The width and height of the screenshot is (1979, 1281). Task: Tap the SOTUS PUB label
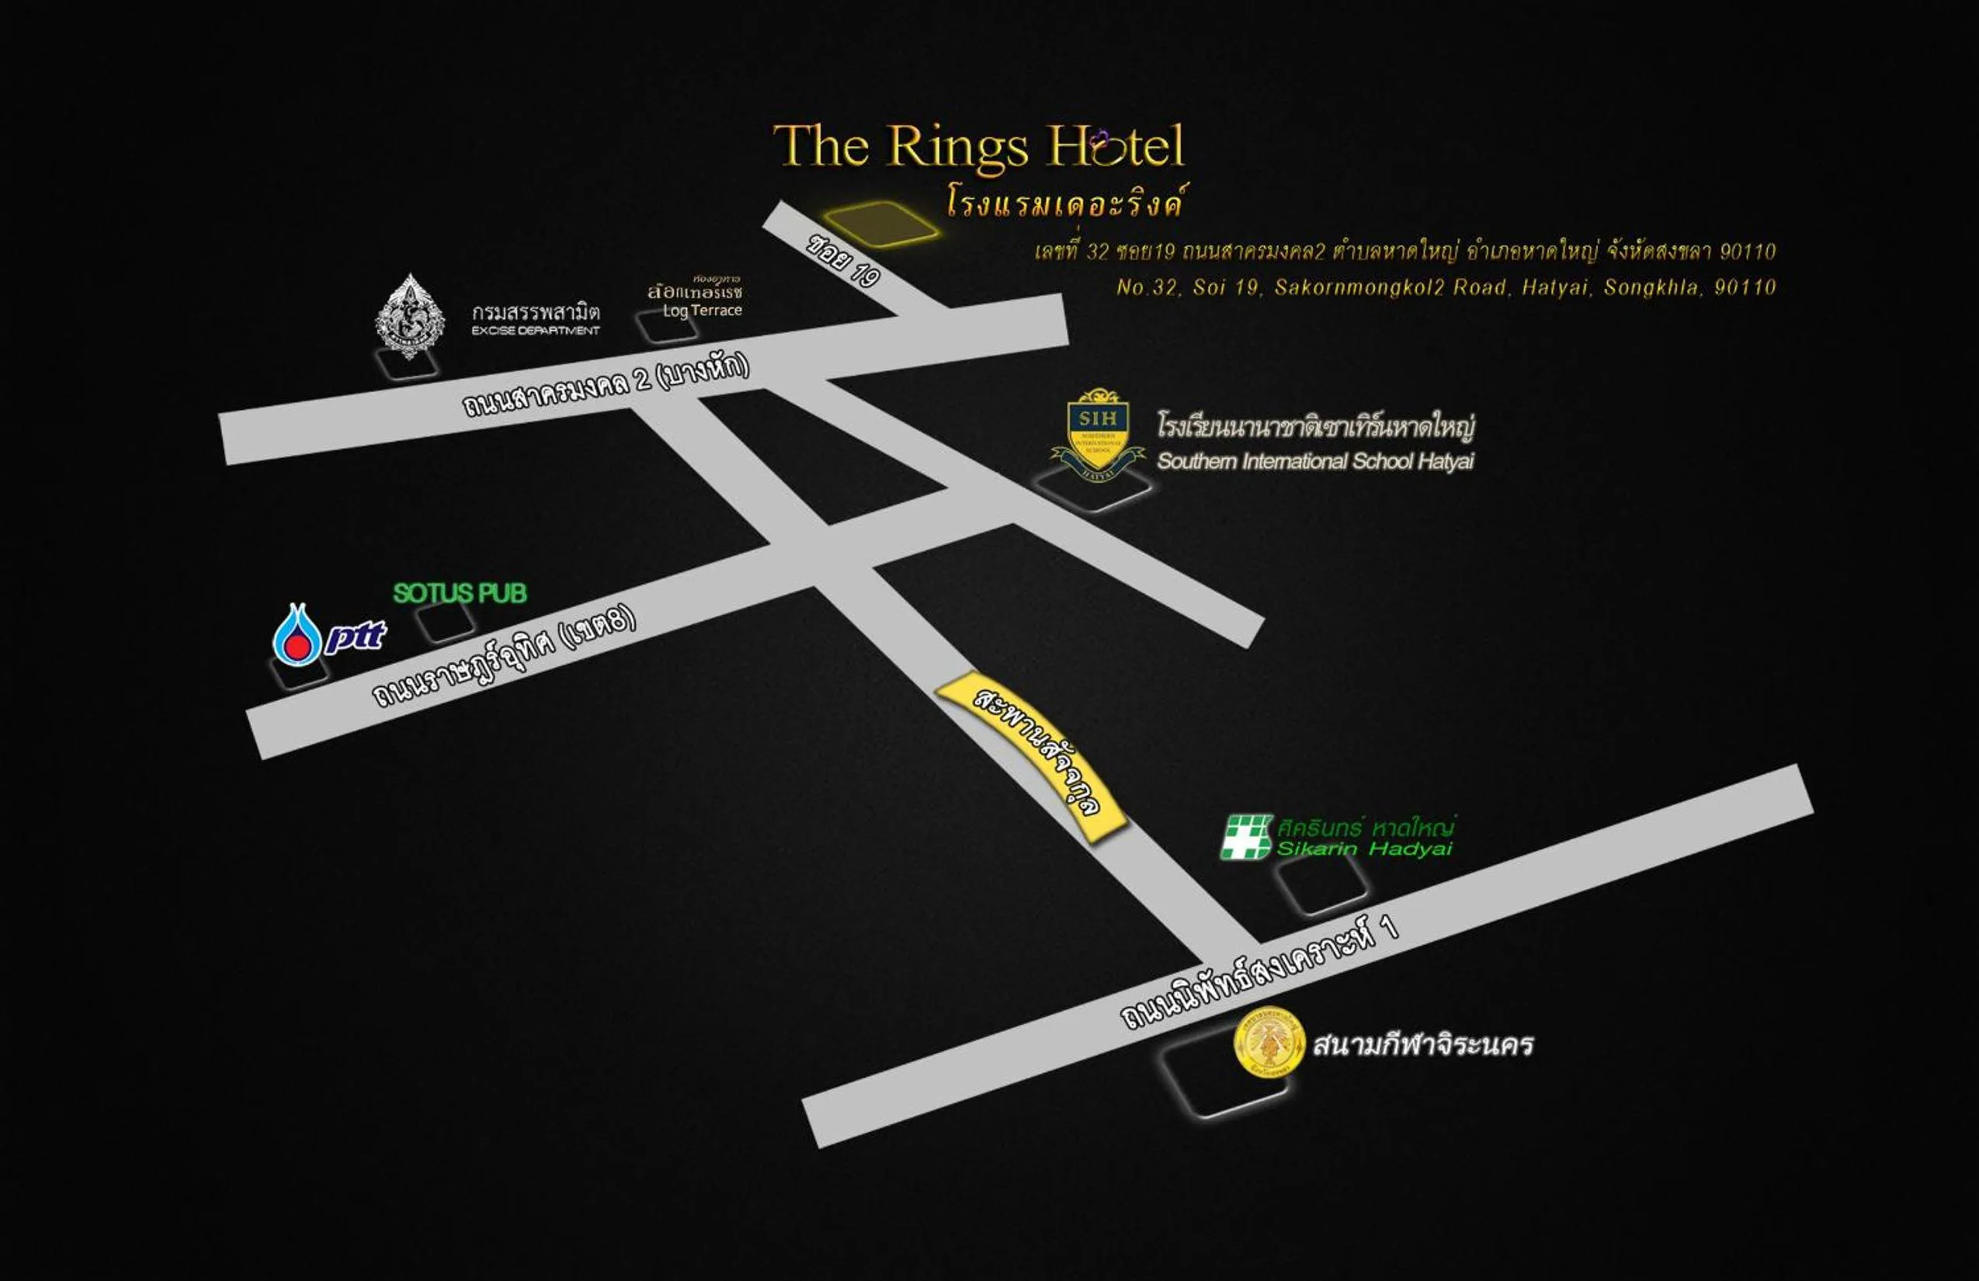[x=460, y=592]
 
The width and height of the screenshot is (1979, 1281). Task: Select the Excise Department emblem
[x=409, y=315]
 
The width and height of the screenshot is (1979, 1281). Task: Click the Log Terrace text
[x=702, y=310]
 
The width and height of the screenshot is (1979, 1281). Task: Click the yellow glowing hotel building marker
[x=882, y=223]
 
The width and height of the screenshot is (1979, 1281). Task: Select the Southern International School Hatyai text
[x=1314, y=461]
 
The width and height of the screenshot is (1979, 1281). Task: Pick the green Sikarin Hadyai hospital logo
[x=1245, y=836]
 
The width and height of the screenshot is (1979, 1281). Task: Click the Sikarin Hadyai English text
[x=1363, y=849]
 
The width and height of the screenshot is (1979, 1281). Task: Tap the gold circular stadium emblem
[x=1269, y=1043]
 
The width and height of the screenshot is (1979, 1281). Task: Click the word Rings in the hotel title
[x=958, y=148]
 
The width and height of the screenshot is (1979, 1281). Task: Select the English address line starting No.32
[x=1445, y=287]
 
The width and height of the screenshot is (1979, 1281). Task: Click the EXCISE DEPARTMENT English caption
[x=536, y=331]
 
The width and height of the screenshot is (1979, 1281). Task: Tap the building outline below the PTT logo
[x=300, y=671]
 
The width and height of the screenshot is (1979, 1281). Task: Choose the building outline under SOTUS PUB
[x=446, y=622]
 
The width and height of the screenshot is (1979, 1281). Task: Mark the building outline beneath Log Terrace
[x=666, y=326]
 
